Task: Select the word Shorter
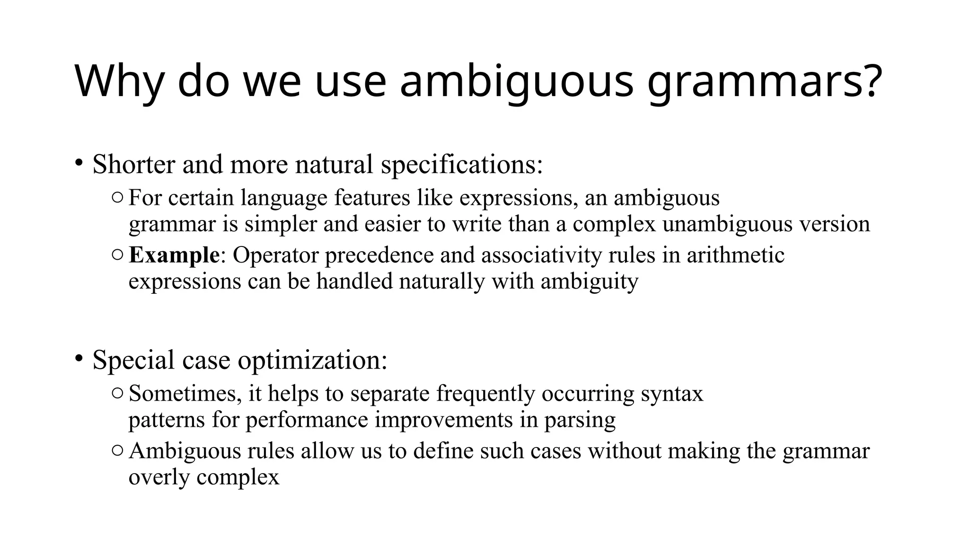point(134,165)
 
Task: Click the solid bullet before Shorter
point(79,163)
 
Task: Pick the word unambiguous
point(727,224)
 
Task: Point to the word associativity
point(541,255)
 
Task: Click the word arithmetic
point(735,255)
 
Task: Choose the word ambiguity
point(589,282)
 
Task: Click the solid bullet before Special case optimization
point(79,359)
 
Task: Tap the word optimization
point(312,360)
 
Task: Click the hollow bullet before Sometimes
point(117,393)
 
